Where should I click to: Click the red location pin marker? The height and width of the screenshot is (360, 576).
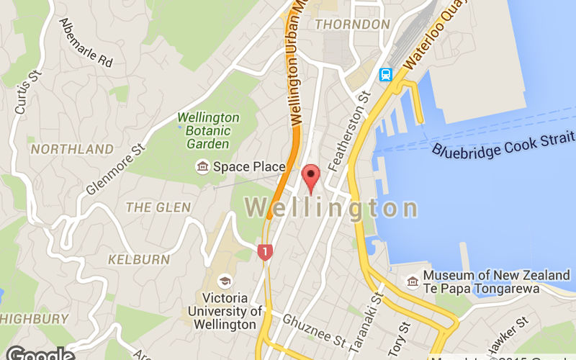pyautogui.click(x=311, y=176)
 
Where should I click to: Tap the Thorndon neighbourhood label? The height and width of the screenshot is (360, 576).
pyautogui.click(x=353, y=24)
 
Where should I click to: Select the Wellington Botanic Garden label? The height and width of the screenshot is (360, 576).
pyautogui.click(x=208, y=130)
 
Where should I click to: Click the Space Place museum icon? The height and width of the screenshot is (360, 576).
pyautogui.click(x=202, y=167)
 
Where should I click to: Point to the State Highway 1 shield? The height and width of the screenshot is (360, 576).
pyautogui.click(x=266, y=252)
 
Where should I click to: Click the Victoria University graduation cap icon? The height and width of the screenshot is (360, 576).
pyautogui.click(x=225, y=282)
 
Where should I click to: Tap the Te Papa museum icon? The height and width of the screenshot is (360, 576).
pyautogui.click(x=413, y=281)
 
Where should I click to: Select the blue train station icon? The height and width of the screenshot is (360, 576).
pyautogui.click(x=386, y=74)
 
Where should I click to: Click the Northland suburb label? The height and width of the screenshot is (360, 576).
pyautogui.click(x=72, y=150)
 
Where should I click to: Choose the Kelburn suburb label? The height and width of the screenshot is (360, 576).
pyautogui.click(x=139, y=258)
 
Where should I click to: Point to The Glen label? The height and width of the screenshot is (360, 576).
pyautogui.click(x=158, y=207)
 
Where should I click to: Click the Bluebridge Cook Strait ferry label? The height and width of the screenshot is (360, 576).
pyautogui.click(x=503, y=143)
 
